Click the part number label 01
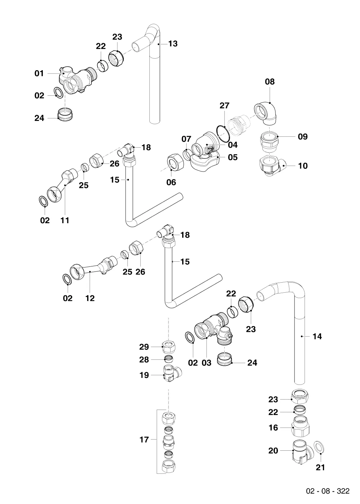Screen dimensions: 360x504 (x=39, y=73)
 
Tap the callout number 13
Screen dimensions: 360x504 (x=173, y=44)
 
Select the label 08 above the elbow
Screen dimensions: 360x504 (x=270, y=82)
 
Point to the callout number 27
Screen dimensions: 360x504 (x=224, y=105)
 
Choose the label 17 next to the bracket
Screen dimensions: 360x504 (x=144, y=440)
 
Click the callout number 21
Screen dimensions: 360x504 (x=320, y=467)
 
